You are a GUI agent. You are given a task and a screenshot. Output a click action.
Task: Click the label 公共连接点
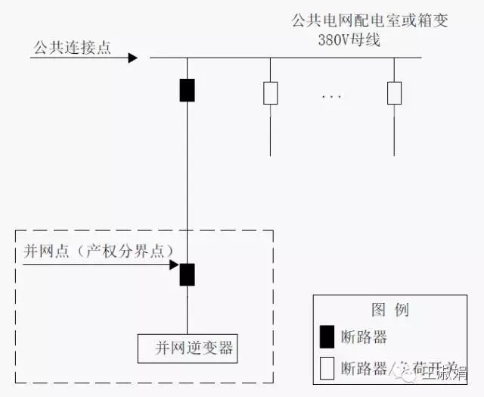click(x=72, y=48)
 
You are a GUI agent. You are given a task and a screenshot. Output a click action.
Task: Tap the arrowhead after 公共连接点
click(x=132, y=58)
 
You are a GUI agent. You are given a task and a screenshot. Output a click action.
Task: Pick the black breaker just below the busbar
click(x=187, y=89)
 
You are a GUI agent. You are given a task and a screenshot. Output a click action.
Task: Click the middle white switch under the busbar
click(x=270, y=93)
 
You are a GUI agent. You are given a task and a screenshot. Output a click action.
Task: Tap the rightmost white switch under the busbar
click(x=394, y=93)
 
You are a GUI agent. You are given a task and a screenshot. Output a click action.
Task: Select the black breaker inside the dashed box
click(x=187, y=274)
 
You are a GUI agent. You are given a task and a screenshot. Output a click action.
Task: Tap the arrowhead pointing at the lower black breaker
click(x=174, y=265)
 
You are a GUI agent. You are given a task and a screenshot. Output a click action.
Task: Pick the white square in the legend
click(x=327, y=367)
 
